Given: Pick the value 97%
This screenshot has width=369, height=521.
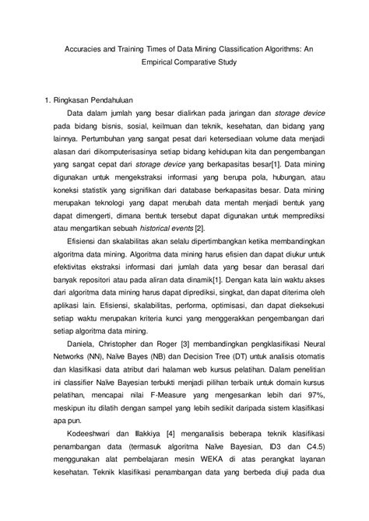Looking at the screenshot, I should coord(311,439).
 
